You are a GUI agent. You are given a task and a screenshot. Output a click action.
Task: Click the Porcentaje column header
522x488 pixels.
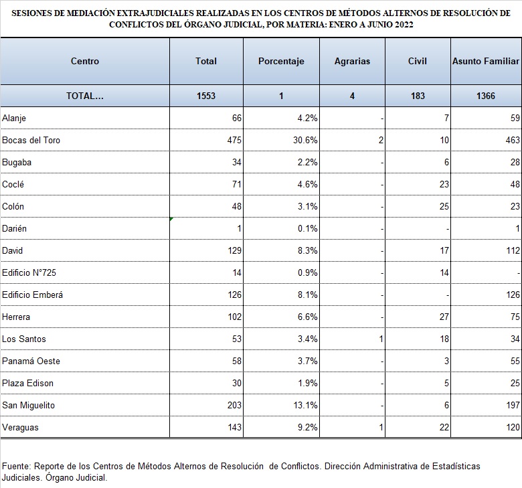(281, 62)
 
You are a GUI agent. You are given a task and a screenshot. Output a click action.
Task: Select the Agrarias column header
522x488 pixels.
(352, 62)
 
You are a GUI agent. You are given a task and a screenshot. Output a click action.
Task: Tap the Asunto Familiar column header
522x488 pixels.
(486, 62)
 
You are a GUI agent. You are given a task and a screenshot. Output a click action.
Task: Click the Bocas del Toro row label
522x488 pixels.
(31, 140)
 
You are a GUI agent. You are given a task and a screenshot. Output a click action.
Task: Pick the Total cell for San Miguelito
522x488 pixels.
(234, 405)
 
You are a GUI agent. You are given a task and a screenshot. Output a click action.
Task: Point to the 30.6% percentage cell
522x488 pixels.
(305, 140)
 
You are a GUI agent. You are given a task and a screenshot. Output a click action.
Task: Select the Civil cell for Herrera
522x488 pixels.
(444, 317)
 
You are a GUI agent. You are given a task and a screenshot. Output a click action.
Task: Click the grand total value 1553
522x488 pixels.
(206, 96)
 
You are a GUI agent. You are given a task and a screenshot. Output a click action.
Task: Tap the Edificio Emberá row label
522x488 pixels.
(32, 295)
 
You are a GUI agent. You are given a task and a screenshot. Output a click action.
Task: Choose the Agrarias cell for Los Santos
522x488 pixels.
(381, 339)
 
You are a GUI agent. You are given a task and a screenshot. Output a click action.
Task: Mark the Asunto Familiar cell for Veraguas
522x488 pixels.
(513, 427)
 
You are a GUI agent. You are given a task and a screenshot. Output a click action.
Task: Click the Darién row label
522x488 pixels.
(14, 228)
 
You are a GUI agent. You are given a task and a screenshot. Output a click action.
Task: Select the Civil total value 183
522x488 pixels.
(418, 96)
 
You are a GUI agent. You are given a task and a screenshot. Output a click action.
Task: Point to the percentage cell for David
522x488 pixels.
(308, 250)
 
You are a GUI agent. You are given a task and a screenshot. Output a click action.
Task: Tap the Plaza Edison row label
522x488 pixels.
(27, 383)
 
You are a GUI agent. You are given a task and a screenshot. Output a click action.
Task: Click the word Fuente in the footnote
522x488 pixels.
(16, 466)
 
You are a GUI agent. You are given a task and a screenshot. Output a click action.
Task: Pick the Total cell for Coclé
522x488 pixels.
(237, 184)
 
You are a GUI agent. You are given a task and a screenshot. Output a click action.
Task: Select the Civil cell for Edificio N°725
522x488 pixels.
(444, 272)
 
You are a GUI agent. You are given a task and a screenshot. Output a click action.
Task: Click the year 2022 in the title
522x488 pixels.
(404, 25)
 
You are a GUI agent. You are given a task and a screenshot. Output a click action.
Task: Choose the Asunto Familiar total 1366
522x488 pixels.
(486, 96)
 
